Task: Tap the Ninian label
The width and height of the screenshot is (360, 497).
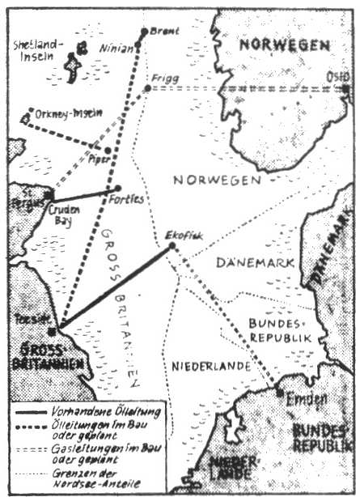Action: (114, 48)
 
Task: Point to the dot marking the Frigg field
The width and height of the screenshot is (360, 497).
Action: (147, 87)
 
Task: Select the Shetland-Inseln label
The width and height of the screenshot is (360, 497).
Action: (38, 50)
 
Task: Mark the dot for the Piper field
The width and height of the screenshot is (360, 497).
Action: (108, 151)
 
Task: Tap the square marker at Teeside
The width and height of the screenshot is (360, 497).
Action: (52, 331)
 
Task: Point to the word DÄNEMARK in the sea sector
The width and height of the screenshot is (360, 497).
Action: (248, 261)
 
